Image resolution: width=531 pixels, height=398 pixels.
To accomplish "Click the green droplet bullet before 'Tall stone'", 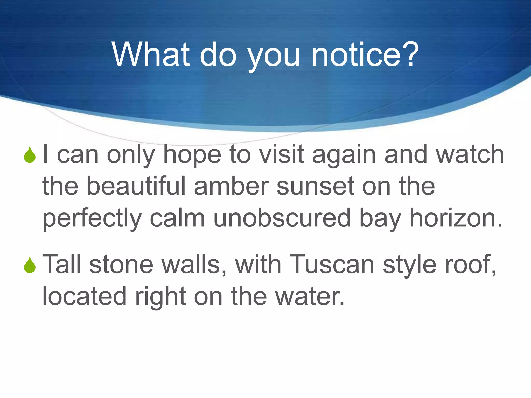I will point(30,265).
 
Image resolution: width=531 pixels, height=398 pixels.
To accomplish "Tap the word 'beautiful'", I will point(136,186).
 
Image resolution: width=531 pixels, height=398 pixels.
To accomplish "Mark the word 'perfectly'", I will point(92,219).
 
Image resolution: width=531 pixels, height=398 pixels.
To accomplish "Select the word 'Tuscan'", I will point(332,264).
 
